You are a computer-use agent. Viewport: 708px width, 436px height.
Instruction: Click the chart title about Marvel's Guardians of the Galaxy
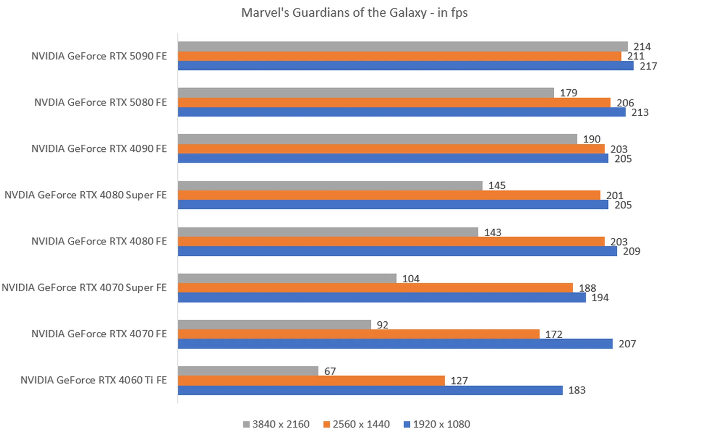coord(354,13)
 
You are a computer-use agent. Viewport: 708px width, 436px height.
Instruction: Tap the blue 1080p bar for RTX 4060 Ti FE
coord(370,390)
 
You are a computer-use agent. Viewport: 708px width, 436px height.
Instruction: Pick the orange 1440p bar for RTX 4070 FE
coord(358,334)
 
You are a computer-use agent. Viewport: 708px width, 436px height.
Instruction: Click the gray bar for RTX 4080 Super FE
coord(330,186)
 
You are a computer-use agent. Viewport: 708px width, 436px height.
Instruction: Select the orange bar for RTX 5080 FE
coord(394,103)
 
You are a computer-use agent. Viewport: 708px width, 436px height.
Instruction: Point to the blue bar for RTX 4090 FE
coord(393,159)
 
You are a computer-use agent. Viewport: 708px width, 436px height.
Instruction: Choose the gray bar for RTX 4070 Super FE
coord(287,278)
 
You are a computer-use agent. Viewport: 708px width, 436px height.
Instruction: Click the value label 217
coord(648,66)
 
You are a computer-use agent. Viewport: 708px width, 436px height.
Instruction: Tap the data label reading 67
coord(330,371)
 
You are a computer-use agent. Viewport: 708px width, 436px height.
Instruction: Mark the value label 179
coord(568,93)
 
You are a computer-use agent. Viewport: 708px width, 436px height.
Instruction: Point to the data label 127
coord(459,381)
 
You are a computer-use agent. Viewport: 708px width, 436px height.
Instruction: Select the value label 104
coord(411,279)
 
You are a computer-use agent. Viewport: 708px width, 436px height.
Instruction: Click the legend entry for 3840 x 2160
coord(277,424)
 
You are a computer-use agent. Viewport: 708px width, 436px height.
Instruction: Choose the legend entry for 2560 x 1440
coord(357,424)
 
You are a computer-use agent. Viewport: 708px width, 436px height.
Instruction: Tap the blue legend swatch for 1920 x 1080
coord(407,425)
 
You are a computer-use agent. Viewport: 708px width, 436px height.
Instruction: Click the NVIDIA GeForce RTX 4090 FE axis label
coord(99,149)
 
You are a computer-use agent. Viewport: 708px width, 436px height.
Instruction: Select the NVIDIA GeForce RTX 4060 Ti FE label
coord(93,380)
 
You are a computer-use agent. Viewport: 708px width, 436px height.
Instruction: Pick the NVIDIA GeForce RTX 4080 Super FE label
coord(86,195)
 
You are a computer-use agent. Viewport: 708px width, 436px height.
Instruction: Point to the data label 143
coord(493,232)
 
